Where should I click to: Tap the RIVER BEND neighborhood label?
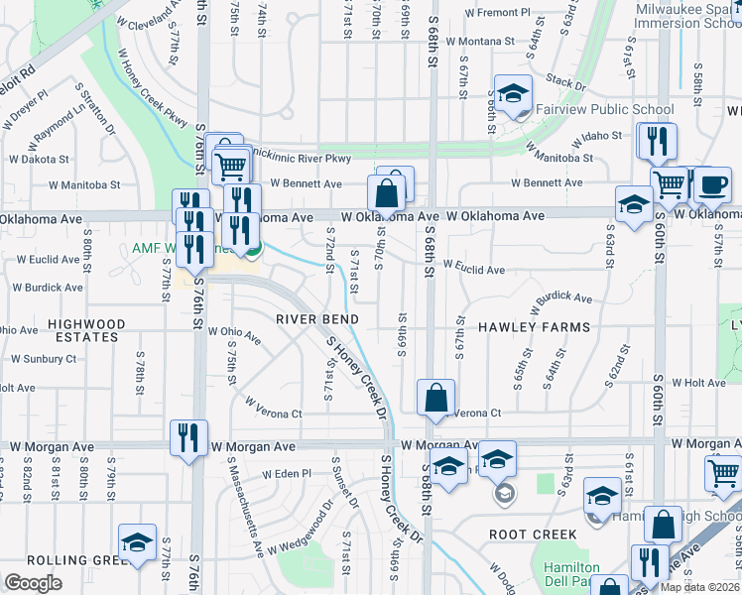pos(316,319)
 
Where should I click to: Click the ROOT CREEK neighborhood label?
pos(533,535)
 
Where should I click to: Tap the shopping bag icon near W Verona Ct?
pos(435,400)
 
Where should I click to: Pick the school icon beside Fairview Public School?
pos(513,97)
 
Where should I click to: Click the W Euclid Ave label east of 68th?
pos(474,269)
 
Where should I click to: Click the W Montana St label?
pos(481,43)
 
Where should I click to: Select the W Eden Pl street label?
pos(287,475)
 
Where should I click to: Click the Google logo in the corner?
pos(33,584)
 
